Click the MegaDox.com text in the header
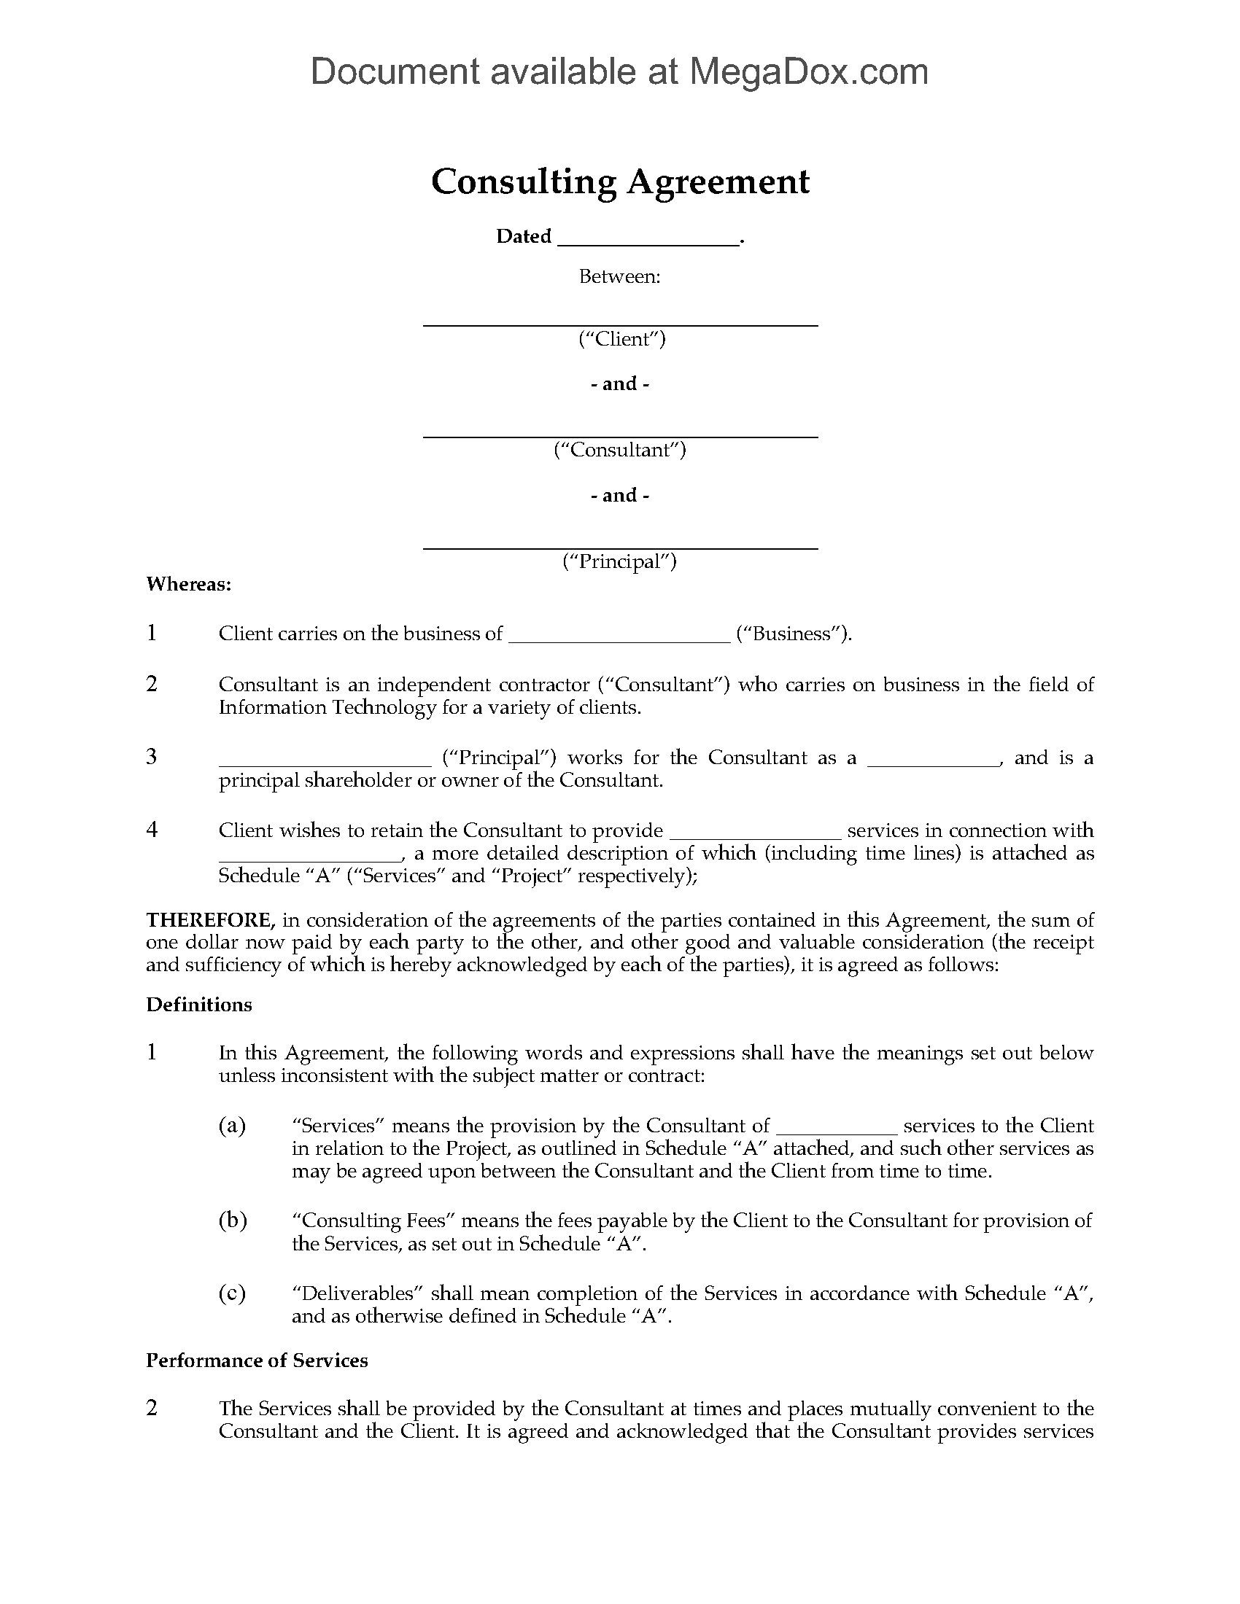pos(807,72)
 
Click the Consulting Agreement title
pos(620,182)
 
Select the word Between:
pos(620,277)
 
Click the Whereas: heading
pos(190,584)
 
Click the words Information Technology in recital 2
pos(328,707)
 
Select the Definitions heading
pos(199,1005)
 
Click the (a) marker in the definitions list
pos(232,1126)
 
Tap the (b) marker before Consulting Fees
pos(232,1220)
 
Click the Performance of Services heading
pos(257,1361)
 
